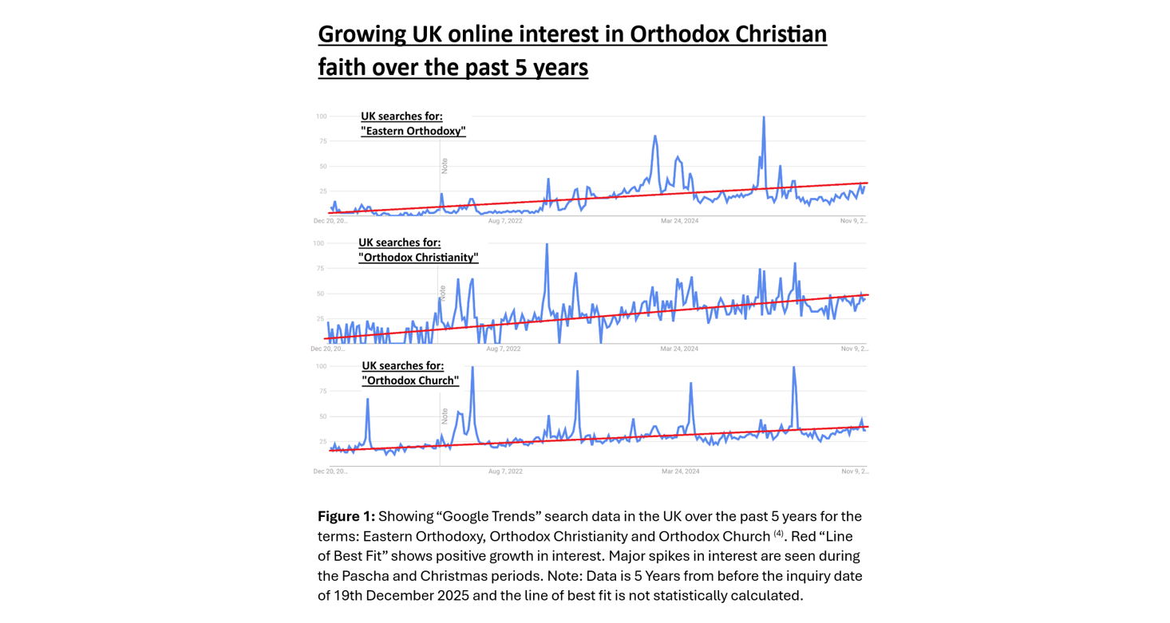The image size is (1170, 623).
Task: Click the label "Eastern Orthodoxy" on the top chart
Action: [413, 131]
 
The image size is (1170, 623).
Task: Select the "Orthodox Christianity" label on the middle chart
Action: [418, 258]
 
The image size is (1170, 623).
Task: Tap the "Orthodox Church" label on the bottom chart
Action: [410, 381]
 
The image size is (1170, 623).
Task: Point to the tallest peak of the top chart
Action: [764, 118]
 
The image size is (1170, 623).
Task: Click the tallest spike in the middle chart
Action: [547, 245]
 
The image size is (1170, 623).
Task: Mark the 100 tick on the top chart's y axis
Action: [321, 116]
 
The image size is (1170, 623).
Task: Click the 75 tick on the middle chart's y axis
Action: [321, 269]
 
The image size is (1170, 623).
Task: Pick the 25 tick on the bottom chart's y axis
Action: [322, 441]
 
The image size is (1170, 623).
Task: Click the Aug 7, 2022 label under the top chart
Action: [505, 221]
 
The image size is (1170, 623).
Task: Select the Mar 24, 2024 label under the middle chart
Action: [679, 349]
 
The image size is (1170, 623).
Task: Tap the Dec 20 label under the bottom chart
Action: [330, 471]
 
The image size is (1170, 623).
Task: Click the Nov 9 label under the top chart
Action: [854, 221]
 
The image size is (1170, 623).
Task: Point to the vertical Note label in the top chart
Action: [445, 166]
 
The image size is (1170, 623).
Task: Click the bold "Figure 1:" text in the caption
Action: [346, 516]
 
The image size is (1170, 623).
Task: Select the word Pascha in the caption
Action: [366, 576]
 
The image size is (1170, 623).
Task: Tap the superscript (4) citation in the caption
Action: [778, 534]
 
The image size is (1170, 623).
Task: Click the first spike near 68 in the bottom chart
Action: [367, 400]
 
